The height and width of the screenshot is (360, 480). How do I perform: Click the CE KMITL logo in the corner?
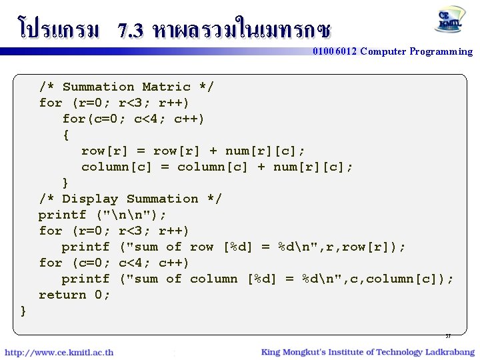click(x=451, y=20)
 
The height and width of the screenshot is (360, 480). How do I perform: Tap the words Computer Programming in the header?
click(x=417, y=51)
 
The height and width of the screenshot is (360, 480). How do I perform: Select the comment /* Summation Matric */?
click(x=127, y=87)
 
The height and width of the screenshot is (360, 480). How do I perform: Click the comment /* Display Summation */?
click(x=130, y=199)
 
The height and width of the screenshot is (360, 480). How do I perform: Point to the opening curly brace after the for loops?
click(x=65, y=135)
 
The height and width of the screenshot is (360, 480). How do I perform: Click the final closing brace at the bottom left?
click(x=24, y=311)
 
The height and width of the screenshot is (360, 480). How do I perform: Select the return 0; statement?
click(x=75, y=295)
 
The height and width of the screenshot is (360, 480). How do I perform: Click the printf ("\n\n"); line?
click(x=103, y=215)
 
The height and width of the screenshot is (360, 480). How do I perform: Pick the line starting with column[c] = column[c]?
click(x=217, y=167)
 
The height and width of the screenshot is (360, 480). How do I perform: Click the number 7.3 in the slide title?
click(x=131, y=31)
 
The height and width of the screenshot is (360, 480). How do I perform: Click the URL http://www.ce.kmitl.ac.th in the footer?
click(x=59, y=352)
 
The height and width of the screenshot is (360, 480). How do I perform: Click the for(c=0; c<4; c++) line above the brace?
click(x=133, y=119)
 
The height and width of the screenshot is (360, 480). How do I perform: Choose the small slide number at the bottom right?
click(x=448, y=336)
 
